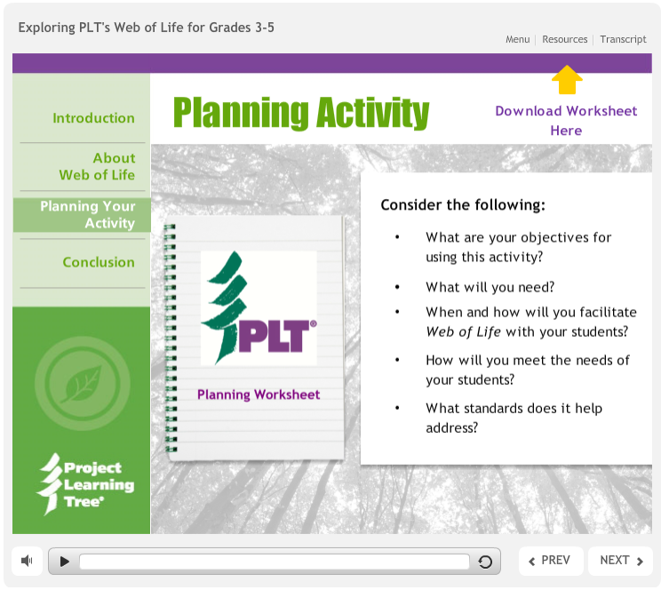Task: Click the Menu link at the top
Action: (x=517, y=39)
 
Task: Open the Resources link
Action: (x=565, y=39)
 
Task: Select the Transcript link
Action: (x=623, y=39)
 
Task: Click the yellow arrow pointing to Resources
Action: (x=567, y=80)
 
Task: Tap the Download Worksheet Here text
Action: (x=566, y=121)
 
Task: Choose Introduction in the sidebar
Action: (x=93, y=118)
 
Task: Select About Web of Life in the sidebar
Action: (x=97, y=166)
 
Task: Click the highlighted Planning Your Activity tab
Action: (x=87, y=215)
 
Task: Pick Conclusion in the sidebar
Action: (x=99, y=262)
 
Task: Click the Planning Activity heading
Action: (x=301, y=113)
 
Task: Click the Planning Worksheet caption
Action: (x=259, y=395)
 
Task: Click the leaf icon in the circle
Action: (x=82, y=383)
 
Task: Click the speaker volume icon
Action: (x=28, y=561)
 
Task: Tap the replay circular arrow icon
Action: (x=485, y=562)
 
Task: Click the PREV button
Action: (x=550, y=561)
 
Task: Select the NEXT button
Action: (x=621, y=561)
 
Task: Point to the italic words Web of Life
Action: (x=463, y=331)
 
